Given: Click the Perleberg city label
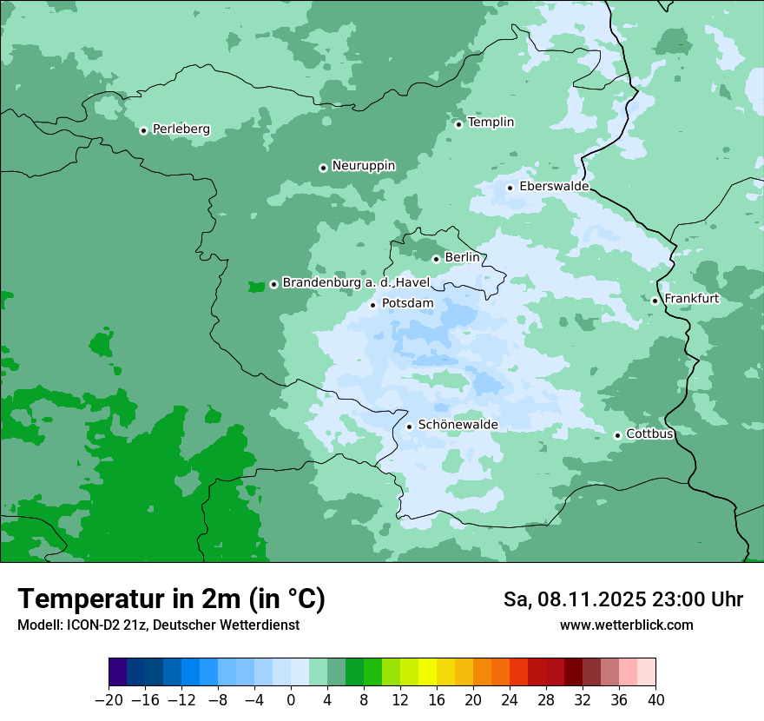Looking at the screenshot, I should click(181, 129).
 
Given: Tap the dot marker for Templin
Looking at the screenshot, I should click(458, 123).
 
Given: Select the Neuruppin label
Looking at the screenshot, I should click(363, 166).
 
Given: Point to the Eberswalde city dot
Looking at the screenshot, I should click(510, 188).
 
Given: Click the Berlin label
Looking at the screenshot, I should click(462, 258).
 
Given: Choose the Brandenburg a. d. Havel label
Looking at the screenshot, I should click(356, 283).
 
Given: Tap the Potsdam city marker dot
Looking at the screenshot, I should click(373, 305).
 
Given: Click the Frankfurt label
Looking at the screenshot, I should click(691, 299).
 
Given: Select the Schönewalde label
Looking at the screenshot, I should click(458, 425).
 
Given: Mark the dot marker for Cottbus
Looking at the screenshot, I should click(617, 435).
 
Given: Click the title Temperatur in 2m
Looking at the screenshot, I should click(171, 599).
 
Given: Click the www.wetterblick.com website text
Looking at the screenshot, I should click(626, 625).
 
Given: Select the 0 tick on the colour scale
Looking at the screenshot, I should click(291, 700).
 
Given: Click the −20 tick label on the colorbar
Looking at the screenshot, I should click(109, 700).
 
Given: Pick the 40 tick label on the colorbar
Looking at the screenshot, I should click(655, 700).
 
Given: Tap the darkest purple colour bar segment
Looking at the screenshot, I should click(118, 672).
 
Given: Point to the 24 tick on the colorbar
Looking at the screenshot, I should click(510, 700).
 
